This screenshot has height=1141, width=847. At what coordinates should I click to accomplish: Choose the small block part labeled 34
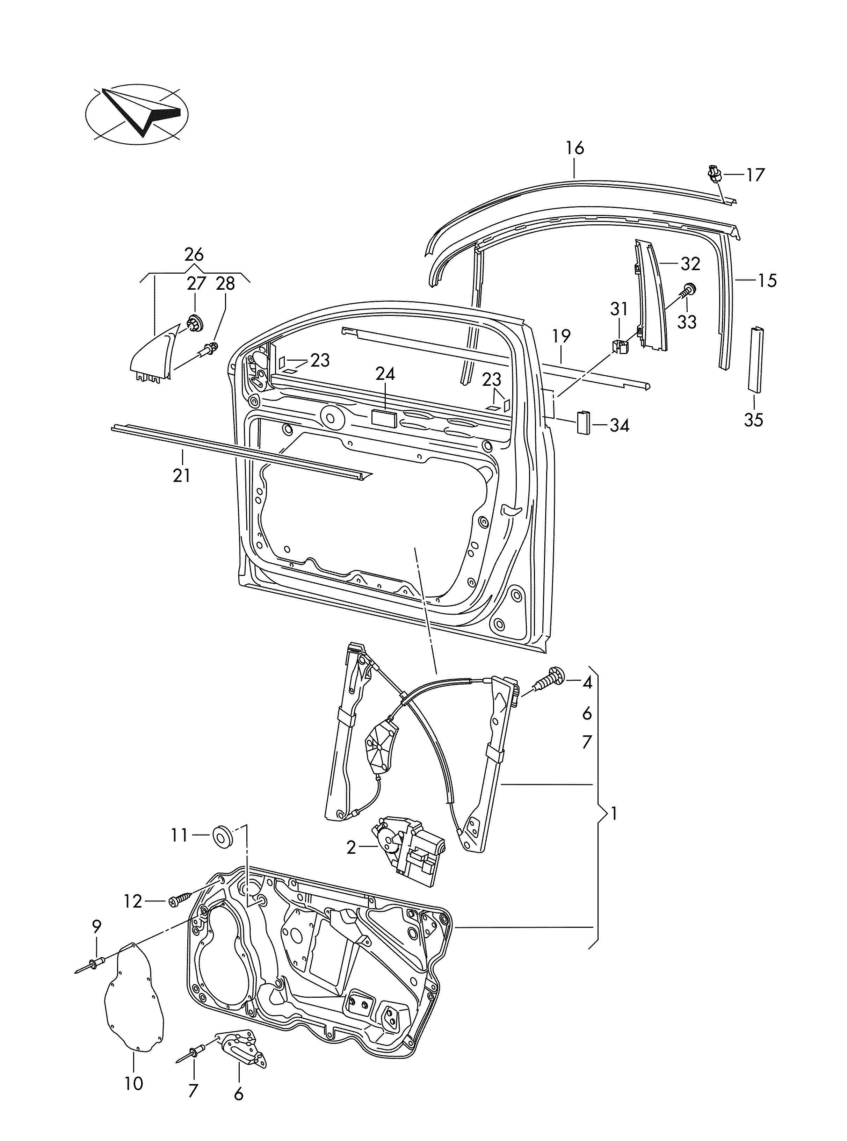click(584, 422)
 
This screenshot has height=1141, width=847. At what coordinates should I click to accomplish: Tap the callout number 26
click(194, 254)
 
